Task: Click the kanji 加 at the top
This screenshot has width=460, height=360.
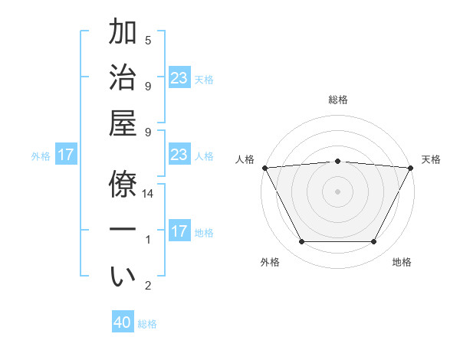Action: (123, 34)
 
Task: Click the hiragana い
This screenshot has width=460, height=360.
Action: (123, 277)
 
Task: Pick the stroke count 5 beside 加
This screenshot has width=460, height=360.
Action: (148, 40)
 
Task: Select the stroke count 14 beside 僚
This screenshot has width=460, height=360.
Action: (148, 195)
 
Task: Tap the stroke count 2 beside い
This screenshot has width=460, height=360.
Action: (148, 286)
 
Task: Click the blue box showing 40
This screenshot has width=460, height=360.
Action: (123, 323)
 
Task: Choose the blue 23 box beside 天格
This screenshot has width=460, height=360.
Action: (179, 77)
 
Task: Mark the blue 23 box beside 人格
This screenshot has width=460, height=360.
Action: (179, 155)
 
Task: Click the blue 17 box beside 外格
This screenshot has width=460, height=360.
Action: (66, 155)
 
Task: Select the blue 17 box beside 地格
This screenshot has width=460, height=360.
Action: (179, 232)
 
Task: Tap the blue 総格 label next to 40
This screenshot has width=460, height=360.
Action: (147, 324)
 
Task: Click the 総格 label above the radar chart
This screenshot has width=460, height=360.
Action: (337, 100)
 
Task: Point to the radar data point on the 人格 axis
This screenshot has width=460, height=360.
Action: (264, 167)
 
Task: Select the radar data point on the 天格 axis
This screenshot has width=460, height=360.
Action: (410, 167)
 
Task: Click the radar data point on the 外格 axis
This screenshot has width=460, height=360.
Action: (301, 242)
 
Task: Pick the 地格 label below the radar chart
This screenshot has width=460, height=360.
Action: (402, 263)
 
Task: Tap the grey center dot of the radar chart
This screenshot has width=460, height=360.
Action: (337, 191)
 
